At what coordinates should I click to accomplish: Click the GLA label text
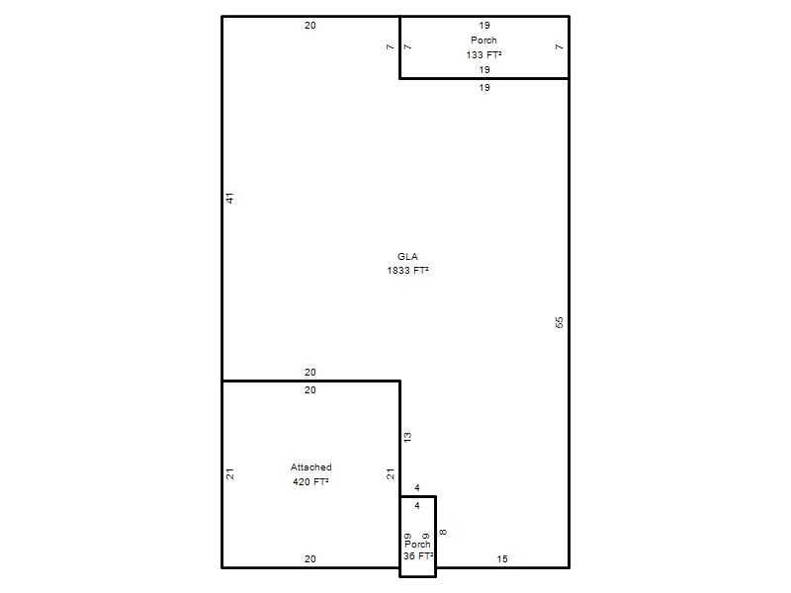click(407, 256)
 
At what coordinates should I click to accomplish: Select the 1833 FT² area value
click(407, 270)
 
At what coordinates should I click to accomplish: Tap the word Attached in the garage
click(310, 466)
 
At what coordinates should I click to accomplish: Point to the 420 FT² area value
click(310, 481)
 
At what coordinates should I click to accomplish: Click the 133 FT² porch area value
click(483, 54)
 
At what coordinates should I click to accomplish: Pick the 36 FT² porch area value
click(418, 555)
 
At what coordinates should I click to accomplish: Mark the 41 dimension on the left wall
click(230, 198)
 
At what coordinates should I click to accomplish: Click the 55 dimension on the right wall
click(559, 322)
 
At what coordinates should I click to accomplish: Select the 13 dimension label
click(407, 437)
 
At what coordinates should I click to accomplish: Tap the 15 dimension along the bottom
click(502, 558)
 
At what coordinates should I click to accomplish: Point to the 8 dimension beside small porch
click(443, 532)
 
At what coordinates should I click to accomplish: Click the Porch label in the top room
click(483, 40)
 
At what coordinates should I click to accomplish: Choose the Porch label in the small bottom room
click(417, 545)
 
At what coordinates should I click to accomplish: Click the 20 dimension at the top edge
click(310, 26)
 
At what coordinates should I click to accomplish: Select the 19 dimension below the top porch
click(484, 88)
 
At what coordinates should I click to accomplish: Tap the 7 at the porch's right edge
click(559, 46)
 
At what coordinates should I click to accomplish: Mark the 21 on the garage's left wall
click(230, 474)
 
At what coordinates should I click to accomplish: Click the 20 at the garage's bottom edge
click(310, 558)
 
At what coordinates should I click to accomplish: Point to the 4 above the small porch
click(417, 487)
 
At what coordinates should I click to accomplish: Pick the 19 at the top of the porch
click(484, 26)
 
